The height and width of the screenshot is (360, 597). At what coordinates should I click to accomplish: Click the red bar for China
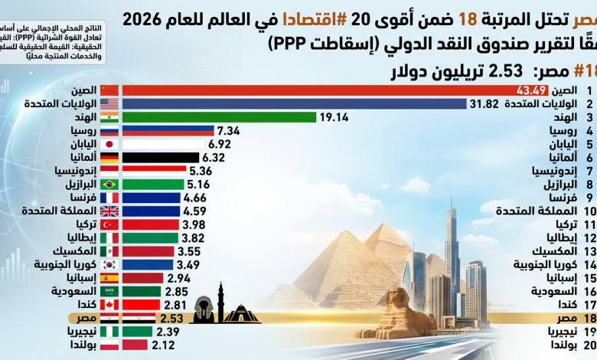click(x=306, y=90)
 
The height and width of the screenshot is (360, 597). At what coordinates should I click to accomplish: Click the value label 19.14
click(x=334, y=117)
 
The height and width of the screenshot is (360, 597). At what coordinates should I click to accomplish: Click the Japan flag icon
click(x=109, y=144)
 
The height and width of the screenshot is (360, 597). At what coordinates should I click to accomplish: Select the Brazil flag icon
click(x=109, y=185)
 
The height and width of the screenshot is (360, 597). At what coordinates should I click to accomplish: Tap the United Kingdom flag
click(x=109, y=211)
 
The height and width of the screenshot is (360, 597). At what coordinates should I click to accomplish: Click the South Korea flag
click(x=109, y=265)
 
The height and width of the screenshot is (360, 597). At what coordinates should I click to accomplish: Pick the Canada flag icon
click(x=109, y=305)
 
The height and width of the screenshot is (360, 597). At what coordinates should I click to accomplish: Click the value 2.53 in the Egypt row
click(x=171, y=318)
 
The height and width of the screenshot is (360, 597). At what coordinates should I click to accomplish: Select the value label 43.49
click(x=510, y=90)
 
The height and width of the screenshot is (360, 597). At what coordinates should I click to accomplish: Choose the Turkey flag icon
click(x=109, y=224)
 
